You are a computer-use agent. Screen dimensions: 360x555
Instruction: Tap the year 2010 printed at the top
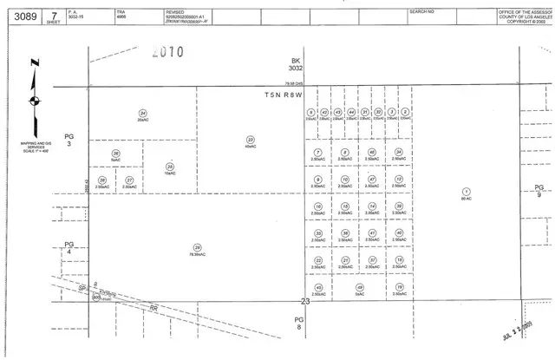tap(167, 52)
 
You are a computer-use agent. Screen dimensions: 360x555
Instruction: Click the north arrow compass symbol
tap(34, 97)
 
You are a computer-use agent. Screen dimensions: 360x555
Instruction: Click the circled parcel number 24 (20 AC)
tap(142, 113)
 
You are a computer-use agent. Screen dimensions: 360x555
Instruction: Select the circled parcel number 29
tap(198, 246)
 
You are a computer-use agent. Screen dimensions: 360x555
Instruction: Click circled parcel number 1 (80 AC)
tap(467, 191)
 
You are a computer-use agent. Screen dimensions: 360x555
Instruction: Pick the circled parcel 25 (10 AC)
tap(170, 166)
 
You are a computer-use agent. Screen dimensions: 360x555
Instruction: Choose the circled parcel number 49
tap(359, 287)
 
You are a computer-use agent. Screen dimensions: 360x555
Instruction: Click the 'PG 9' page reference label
tap(539, 191)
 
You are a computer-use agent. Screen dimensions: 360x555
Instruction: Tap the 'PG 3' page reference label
tap(70, 139)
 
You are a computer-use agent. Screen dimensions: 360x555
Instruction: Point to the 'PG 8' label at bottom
tap(300, 322)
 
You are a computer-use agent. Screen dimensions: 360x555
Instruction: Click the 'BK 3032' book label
tap(296, 63)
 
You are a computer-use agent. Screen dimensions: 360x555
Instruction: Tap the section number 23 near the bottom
tap(304, 302)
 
